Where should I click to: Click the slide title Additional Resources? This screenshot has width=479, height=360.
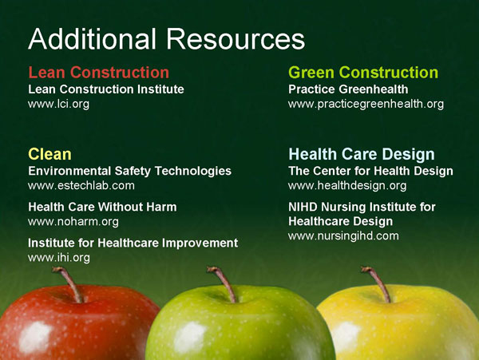point(166,38)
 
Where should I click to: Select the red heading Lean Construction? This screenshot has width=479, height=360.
point(98,73)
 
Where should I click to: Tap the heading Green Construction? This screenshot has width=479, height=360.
point(363,73)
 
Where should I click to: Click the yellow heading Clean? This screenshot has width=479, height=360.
point(49,154)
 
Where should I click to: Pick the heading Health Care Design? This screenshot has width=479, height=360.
point(361,154)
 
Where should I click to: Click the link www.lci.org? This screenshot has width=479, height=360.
point(58,105)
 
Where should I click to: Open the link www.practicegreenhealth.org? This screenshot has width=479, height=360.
point(366,105)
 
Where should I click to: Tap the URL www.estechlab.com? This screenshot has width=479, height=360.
point(81,186)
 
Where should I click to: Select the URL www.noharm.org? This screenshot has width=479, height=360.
point(73,221)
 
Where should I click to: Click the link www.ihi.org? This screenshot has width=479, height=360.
point(59,257)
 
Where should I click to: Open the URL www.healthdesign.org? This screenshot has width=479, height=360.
point(347,186)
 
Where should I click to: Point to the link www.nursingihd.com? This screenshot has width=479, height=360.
point(343,236)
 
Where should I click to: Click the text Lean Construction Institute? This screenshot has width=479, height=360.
point(106,89)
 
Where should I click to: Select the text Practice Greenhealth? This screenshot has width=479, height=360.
point(348,89)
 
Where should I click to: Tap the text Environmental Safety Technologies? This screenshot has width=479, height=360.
point(129,171)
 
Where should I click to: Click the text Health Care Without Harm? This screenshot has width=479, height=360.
point(102,207)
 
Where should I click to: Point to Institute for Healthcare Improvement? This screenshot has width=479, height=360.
point(133,243)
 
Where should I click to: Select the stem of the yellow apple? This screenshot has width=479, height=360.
point(376,283)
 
